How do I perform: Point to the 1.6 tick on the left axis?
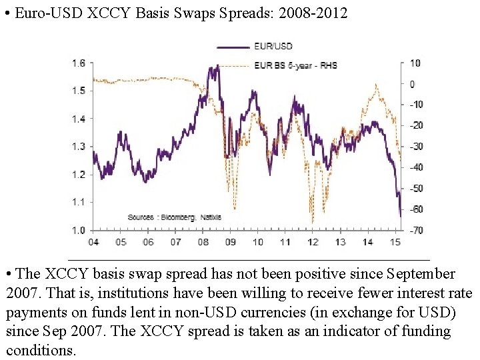pos(78,63)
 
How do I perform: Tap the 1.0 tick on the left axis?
pos(78,231)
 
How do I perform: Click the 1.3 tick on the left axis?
pos(78,147)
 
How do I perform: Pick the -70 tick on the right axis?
pos(416,231)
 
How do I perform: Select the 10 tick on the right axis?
pos(415,63)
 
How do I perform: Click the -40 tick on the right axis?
pos(416,167)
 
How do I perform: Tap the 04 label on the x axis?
pos(93,242)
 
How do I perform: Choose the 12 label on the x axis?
pos(314,242)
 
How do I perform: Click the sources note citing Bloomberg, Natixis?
pos(174,217)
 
